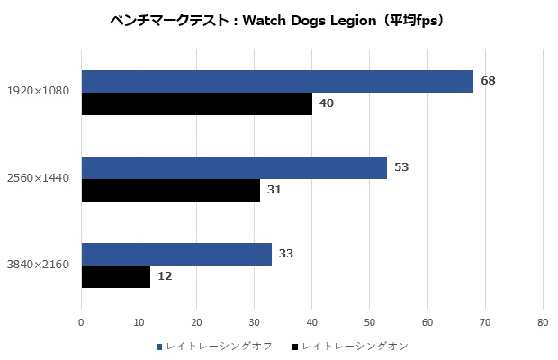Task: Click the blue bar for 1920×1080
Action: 277,81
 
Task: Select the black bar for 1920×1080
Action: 197,103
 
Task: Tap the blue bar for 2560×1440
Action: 234,167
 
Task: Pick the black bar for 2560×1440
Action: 171,190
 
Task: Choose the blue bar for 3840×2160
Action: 176,254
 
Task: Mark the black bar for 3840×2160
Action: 116,276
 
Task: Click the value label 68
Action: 489,81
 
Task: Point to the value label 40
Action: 327,103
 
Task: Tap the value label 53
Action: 402,167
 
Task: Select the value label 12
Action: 165,276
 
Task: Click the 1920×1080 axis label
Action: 39,92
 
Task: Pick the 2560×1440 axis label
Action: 39,178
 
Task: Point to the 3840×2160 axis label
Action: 39,265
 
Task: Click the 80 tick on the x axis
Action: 543,321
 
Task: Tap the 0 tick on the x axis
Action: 82,321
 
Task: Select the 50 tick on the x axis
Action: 370,321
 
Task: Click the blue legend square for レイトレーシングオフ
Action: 159,346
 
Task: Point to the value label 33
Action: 286,254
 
